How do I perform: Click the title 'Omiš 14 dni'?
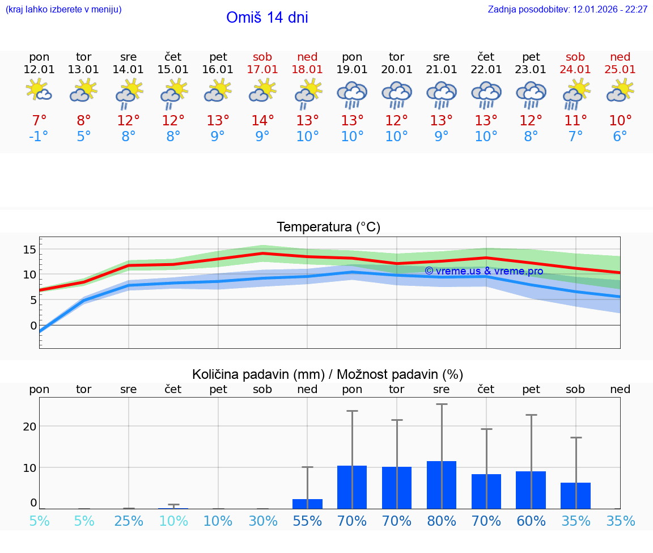pos(267,18)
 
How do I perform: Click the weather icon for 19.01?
pos(352,95)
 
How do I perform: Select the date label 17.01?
pos(262,70)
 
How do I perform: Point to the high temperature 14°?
pos(262,121)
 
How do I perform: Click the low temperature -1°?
pos(39,137)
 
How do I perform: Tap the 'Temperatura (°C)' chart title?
pos(328,227)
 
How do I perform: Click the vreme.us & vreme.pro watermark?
pos(484,271)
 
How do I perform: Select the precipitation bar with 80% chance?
pos(442,485)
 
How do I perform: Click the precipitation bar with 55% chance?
pos(307,504)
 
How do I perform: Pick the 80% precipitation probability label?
pos(442,521)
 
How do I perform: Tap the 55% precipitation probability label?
pos(307,521)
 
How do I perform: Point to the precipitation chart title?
pos(328,374)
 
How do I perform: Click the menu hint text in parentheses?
pos(63,10)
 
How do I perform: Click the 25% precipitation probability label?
pos(129,521)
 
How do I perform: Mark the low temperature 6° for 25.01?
pos(620,137)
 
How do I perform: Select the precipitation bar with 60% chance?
pos(531,490)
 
